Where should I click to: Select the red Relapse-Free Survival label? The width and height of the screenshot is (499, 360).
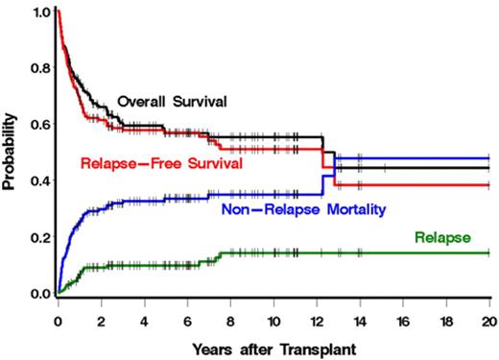pos(160,163)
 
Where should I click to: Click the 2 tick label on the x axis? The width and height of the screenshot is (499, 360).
pos(101,312)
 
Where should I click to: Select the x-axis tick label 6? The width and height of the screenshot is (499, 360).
pos(187,312)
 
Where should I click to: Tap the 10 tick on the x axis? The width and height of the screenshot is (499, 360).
pos(273,312)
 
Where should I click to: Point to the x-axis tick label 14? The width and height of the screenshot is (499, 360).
pos(360,312)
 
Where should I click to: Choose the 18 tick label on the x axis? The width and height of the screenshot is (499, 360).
pos(446,312)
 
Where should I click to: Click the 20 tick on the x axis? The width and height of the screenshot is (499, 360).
pos(488,312)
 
